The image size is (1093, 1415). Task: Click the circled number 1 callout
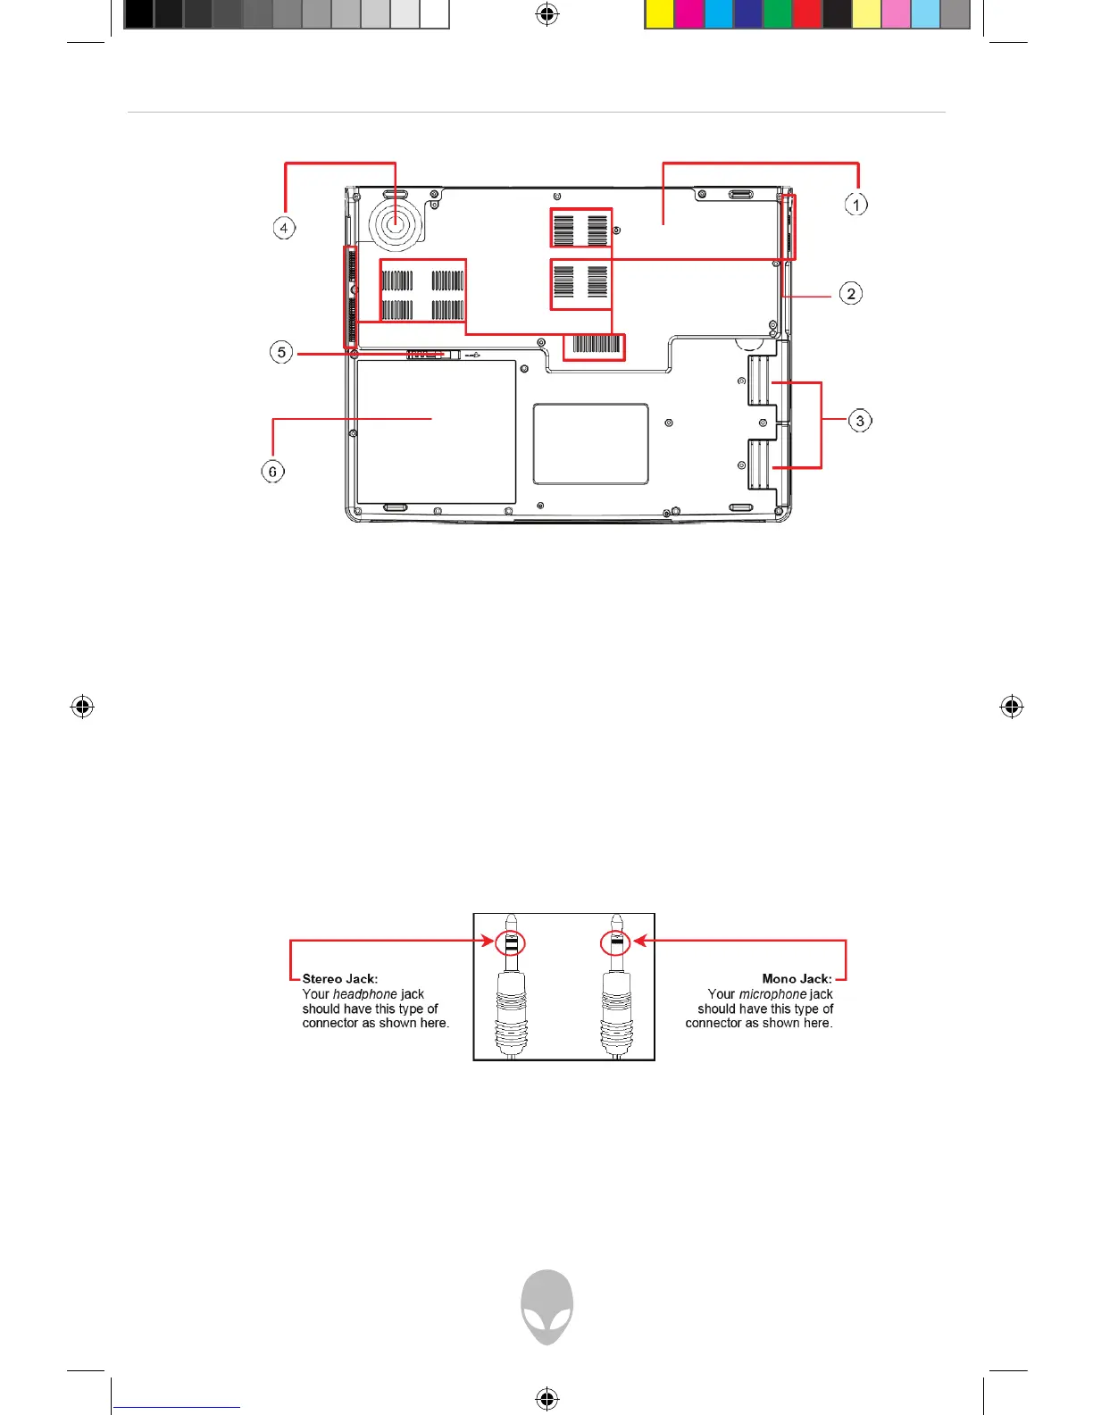point(856,205)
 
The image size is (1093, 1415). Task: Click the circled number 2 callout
point(851,294)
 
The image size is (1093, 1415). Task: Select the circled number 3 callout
point(860,421)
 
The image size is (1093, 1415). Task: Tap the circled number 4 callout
point(284,228)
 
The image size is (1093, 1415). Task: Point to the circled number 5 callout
point(281,352)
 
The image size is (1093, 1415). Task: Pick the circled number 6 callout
point(272,471)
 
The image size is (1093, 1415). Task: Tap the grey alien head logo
point(546,1306)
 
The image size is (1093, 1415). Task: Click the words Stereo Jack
point(339,979)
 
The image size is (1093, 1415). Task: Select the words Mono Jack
point(797,979)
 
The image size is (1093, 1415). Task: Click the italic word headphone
point(364,994)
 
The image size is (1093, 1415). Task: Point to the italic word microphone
point(772,994)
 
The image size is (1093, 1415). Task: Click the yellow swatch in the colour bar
point(659,13)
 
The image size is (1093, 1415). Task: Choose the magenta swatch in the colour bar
point(688,13)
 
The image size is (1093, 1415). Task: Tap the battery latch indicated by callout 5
point(433,355)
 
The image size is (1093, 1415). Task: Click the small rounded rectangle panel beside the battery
point(590,443)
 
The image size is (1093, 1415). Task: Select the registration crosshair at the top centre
point(546,13)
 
